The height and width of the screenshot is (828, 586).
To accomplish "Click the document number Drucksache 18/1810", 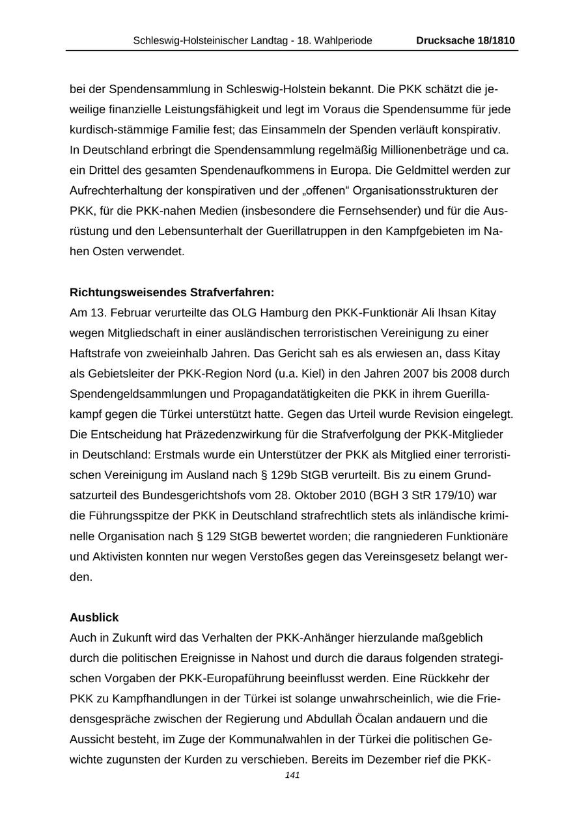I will (466, 40).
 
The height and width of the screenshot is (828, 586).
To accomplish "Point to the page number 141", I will (292, 775).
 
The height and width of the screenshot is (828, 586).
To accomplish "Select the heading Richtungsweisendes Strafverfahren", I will (172, 292).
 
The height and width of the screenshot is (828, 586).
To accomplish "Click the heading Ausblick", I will (94, 617).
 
